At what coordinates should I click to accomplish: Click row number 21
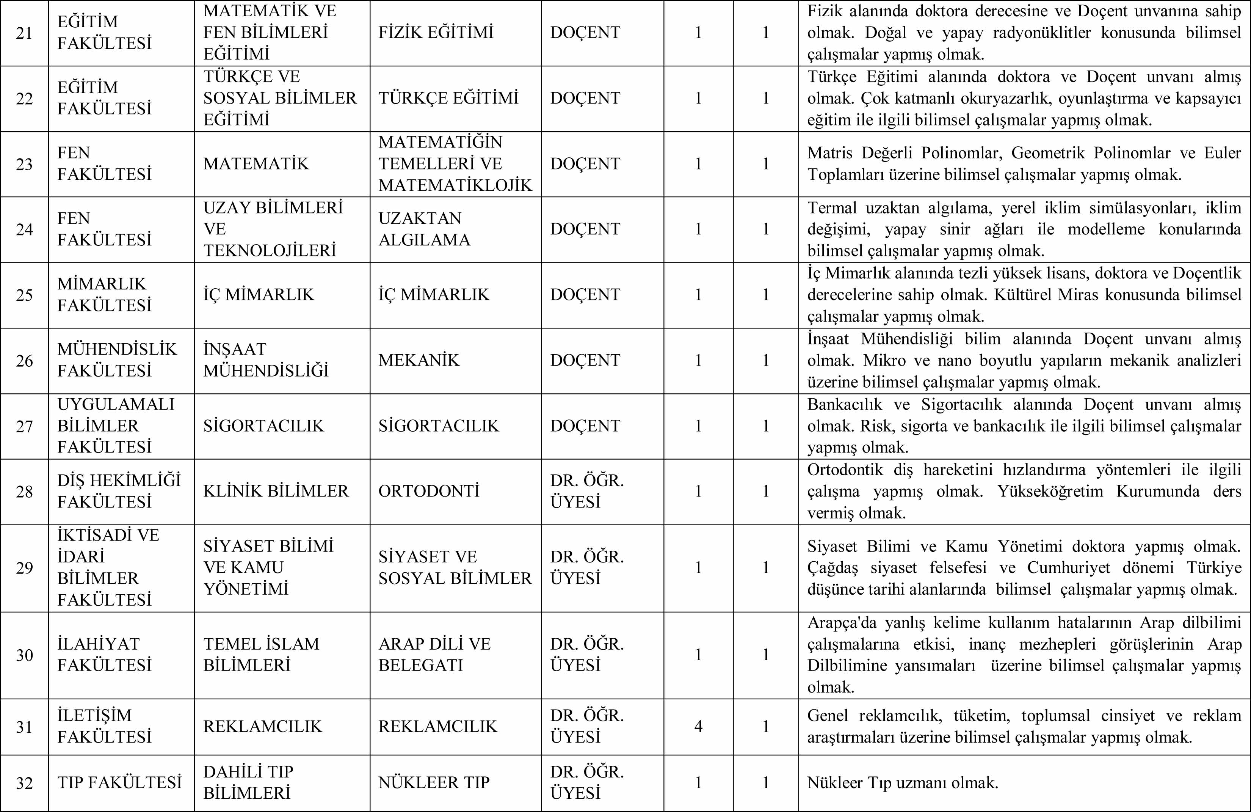(24, 33)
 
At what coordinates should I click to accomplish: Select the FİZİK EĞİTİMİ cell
(436, 33)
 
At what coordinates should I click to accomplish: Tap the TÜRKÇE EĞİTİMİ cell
(448, 98)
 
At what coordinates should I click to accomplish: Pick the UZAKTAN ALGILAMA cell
(424, 229)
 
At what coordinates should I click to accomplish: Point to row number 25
(24, 295)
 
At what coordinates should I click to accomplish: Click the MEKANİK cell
(419, 360)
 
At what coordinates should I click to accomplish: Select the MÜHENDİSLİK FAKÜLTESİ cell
(117, 360)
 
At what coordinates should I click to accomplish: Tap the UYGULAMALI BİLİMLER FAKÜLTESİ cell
(116, 426)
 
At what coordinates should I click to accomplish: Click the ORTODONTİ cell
(428, 491)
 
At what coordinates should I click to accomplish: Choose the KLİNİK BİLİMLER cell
(276, 491)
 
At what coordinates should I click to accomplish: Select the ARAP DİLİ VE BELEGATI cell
(434, 654)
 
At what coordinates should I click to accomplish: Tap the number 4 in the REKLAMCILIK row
(698, 726)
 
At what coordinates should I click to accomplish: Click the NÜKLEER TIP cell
(434, 782)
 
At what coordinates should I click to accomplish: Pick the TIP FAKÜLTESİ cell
(119, 782)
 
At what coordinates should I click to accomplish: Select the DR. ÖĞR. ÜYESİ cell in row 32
(586, 782)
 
